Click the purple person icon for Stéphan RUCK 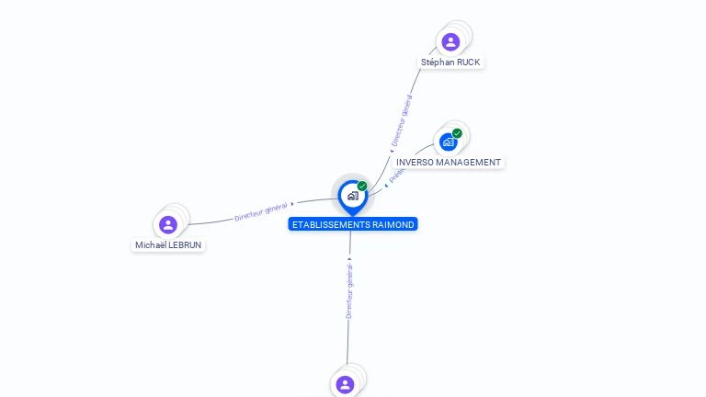(x=450, y=41)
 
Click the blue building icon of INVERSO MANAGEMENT (x=448, y=142)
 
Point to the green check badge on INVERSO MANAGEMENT (x=457, y=133)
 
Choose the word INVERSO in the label (x=415, y=163)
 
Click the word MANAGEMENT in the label (x=469, y=163)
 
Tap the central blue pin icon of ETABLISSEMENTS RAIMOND (x=351, y=196)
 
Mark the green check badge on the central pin (x=362, y=187)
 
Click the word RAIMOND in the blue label (x=394, y=224)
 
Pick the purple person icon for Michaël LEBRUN (x=167, y=224)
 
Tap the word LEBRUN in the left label (x=185, y=245)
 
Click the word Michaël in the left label (x=151, y=245)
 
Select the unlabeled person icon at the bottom (x=345, y=384)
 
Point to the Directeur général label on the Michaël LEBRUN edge (x=261, y=211)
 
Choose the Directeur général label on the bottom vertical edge (x=349, y=290)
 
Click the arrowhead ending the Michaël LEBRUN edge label (x=292, y=204)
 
